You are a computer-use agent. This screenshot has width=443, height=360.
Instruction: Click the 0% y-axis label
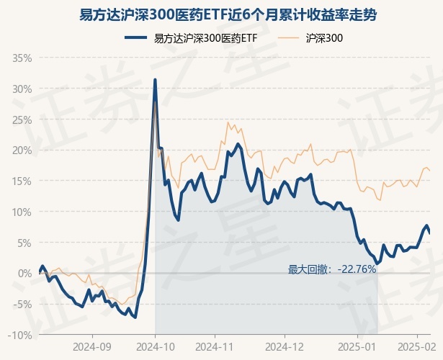[x=26, y=274]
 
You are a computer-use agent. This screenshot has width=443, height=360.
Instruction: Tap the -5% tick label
[x=23, y=305]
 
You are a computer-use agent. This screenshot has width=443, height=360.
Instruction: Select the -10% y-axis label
[x=22, y=336]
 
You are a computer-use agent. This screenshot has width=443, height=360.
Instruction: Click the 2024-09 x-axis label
[x=93, y=346]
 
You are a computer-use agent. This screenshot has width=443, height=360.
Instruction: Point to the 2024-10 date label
[x=156, y=346]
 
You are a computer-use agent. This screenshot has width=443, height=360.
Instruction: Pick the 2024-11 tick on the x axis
[x=215, y=346]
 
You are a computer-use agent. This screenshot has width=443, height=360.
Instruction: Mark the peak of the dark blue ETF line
[x=155, y=79]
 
